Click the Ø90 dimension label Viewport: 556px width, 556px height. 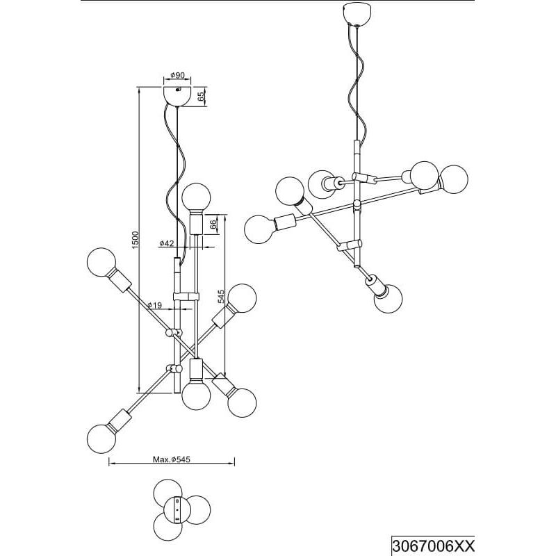[x=178, y=75]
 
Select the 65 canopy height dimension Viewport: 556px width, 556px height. [x=202, y=97]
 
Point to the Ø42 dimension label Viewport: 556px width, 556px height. [x=167, y=243]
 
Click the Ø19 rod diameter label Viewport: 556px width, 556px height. [x=154, y=305]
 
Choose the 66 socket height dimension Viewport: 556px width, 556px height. [x=213, y=224]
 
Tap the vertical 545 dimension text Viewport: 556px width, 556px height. [x=221, y=297]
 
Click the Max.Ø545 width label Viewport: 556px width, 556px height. [x=172, y=459]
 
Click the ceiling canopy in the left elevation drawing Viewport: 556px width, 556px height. [x=177, y=96]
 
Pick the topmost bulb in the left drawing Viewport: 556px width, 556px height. [x=196, y=197]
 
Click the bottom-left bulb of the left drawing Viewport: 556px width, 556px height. [x=101, y=439]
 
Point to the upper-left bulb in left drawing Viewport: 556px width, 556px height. [x=101, y=263]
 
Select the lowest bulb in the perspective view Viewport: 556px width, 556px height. [x=389, y=299]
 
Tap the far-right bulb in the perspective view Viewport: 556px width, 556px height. [x=454, y=179]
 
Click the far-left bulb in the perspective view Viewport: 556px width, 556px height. [x=259, y=229]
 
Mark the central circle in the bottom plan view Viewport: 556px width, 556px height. [x=177, y=509]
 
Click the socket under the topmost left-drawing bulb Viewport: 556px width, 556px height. [x=196, y=222]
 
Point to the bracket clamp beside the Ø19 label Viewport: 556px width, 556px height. [x=186, y=297]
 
